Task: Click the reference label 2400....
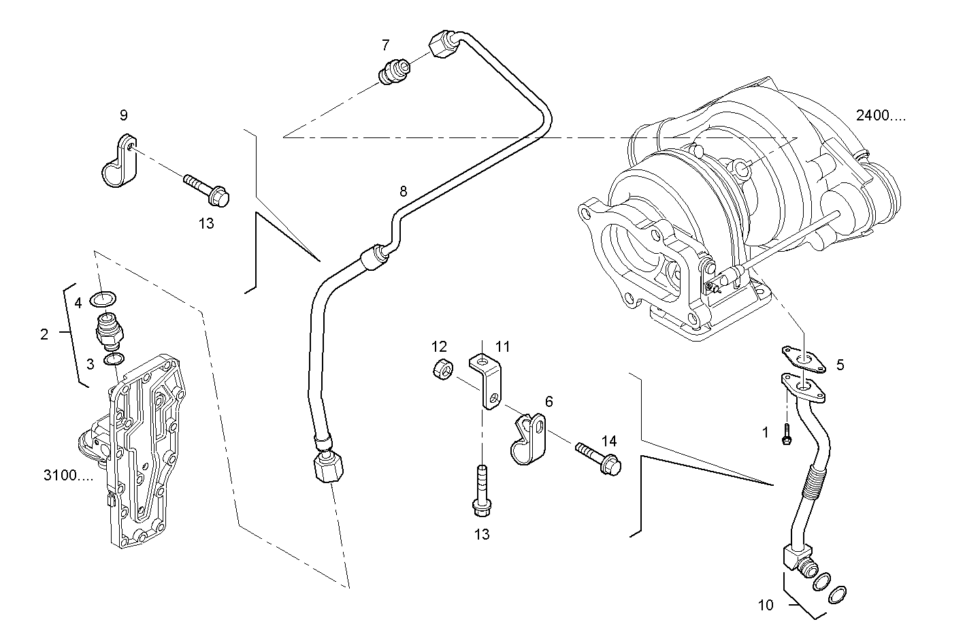[x=881, y=116]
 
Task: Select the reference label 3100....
[x=68, y=476]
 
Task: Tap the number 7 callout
[x=386, y=46]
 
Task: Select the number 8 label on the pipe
[x=403, y=192]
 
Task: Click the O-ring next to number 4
[x=104, y=298]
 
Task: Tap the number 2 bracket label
[x=44, y=334]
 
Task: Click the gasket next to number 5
[x=802, y=359]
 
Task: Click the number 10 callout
[x=766, y=605]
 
